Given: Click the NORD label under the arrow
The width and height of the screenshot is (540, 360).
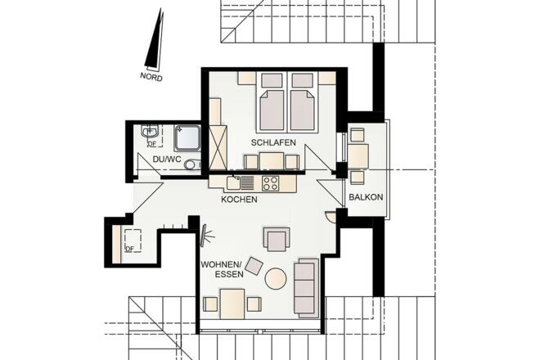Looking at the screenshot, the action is (x=151, y=76).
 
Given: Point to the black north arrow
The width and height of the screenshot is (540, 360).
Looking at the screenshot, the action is (x=154, y=38).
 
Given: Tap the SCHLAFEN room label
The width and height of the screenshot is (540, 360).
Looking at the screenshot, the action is (x=273, y=142).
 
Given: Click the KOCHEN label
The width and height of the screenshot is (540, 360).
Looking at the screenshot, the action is (x=239, y=199).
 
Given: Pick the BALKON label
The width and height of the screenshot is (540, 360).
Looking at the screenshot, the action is (x=366, y=197).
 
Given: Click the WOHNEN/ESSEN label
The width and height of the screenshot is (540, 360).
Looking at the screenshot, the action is (x=222, y=269).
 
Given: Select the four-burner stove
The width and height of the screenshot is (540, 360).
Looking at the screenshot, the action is (x=270, y=183).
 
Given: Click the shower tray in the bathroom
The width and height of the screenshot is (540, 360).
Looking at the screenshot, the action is (x=187, y=138).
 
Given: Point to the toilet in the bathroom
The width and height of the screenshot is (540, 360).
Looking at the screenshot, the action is (x=193, y=164).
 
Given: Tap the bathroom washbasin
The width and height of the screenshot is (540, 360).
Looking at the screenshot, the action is (x=150, y=131).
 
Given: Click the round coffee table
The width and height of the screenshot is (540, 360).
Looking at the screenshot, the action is (x=276, y=278).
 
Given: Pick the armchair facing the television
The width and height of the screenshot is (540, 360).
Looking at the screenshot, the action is (x=277, y=239).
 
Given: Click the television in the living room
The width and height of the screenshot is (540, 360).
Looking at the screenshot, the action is (x=205, y=236).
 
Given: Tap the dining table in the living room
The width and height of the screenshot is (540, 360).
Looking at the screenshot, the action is (x=233, y=304).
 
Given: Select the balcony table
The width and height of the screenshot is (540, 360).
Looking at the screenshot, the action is (x=358, y=156).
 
